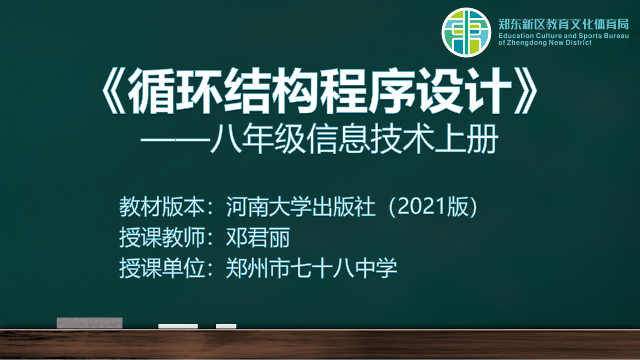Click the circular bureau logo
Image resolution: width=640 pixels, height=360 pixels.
pyautogui.click(x=466, y=33)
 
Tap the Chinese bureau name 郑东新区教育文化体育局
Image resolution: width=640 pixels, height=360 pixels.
pyautogui.click(x=564, y=24)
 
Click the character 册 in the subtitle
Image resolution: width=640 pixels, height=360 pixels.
pyautogui.click(x=483, y=139)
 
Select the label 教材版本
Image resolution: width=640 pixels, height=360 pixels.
pyautogui.click(x=161, y=207)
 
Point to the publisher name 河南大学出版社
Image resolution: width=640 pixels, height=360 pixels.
pyautogui.click(x=300, y=207)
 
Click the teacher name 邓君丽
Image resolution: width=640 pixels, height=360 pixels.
pyautogui.click(x=258, y=238)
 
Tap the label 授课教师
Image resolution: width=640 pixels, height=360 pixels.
pyautogui.click(x=161, y=238)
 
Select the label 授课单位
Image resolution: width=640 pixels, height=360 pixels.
pyautogui.click(x=161, y=268)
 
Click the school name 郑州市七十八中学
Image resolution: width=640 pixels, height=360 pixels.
pyautogui.click(x=311, y=268)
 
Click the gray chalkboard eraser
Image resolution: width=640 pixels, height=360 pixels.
pyautogui.click(x=89, y=323)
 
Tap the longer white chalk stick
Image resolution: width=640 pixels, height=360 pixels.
pyautogui.click(x=178, y=326)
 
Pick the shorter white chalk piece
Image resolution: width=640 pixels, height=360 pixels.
pyautogui.click(x=226, y=326)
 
